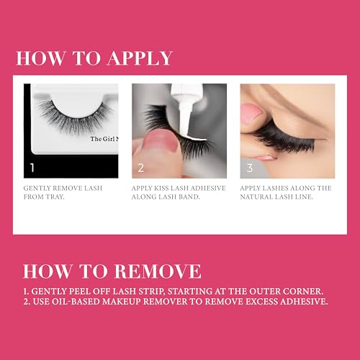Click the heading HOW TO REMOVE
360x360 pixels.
pos(112,271)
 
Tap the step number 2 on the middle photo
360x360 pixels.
pos(141,169)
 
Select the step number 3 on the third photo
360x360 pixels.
pos(250,169)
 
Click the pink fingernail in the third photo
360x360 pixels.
pos(251,114)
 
